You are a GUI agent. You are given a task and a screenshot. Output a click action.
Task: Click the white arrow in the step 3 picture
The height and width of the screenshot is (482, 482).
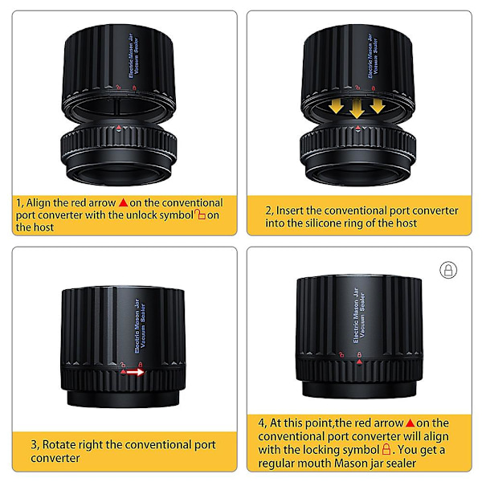coord(135,372)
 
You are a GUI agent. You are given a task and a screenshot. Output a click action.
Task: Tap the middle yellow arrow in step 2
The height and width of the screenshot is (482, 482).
coord(357,108)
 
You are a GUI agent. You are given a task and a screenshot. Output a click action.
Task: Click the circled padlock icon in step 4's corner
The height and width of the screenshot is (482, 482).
coord(448,270)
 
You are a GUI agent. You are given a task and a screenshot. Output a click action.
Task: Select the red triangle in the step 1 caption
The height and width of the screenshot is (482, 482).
coord(123,202)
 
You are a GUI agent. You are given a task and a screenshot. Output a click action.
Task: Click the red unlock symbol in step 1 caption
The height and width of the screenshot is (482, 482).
coord(200,214)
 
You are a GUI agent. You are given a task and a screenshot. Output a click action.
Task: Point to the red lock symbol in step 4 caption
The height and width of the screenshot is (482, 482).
coord(386,449)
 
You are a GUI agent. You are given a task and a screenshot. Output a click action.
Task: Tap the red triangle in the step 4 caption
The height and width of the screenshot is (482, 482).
coord(410,423)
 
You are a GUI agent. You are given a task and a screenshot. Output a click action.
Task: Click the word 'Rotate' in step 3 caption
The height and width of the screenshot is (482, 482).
coord(59,444)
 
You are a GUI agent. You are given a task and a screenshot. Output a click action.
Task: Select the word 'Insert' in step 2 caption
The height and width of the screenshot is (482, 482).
coord(290,210)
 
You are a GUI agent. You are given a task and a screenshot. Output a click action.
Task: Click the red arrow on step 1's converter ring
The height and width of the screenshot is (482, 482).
coord(119,127)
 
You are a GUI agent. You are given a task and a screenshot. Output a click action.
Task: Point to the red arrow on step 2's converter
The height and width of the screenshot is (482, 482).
coord(357,127)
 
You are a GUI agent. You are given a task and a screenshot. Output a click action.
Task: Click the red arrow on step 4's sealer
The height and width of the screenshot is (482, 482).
coord(359,362)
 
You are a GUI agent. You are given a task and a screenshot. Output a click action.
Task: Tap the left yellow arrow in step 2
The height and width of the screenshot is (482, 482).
coord(336,106)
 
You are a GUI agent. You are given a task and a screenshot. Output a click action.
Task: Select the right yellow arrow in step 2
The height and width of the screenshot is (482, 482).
coord(378,106)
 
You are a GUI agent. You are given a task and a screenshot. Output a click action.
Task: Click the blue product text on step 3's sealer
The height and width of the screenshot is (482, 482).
coord(140,326)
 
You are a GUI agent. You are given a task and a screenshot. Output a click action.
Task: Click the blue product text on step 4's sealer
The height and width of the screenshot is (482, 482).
coord(359,316)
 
